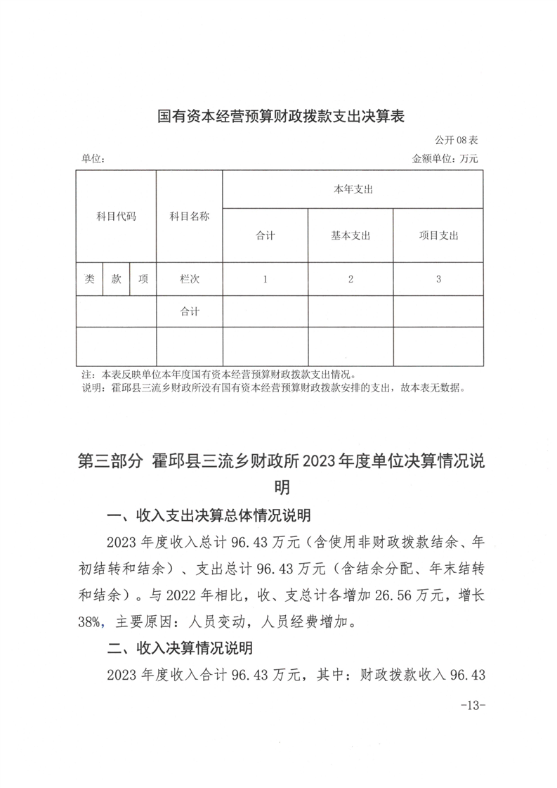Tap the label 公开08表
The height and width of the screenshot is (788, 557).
pyautogui.click(x=457, y=140)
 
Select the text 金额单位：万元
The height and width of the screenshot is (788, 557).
pyautogui.click(x=445, y=160)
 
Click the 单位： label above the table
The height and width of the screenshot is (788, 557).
pyautogui.click(x=93, y=160)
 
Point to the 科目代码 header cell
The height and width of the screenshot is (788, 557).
pyautogui.click(x=116, y=217)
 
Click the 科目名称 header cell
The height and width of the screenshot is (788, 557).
pyautogui.click(x=190, y=217)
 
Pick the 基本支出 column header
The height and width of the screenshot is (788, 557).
pyautogui.click(x=350, y=235)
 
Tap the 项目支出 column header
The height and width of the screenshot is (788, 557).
pyautogui.click(x=438, y=235)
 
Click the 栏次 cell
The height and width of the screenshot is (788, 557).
pyautogui.click(x=190, y=279)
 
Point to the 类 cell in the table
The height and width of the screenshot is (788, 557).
pyautogui.click(x=90, y=279)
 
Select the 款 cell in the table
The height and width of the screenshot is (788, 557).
pyautogui.click(x=117, y=279)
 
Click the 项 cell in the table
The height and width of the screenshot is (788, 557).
pyautogui.click(x=143, y=279)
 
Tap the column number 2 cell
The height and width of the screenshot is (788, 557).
pyautogui.click(x=350, y=279)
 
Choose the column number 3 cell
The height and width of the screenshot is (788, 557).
pyautogui.click(x=438, y=279)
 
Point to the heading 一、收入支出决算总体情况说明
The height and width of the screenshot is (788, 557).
pyautogui.click(x=209, y=516)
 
